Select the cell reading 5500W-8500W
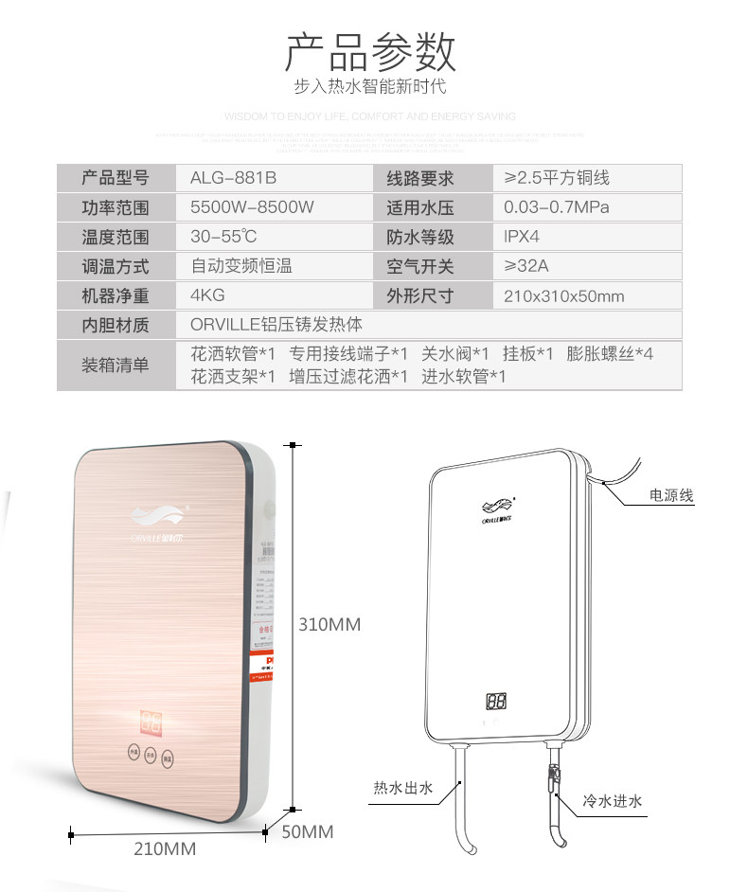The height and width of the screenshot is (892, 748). click(252, 207)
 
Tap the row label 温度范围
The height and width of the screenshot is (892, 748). click(116, 237)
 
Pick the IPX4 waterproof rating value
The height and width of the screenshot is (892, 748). click(522, 237)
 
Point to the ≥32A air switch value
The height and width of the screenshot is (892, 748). click(525, 266)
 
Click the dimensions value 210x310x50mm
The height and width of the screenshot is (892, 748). click(563, 296)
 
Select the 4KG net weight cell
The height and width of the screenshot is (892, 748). click(207, 295)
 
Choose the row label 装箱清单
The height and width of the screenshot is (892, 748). click(116, 365)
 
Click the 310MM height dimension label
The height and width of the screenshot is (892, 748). click(329, 625)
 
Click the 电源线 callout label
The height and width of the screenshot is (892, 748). click(670, 495)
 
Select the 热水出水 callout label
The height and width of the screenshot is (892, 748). click(401, 787)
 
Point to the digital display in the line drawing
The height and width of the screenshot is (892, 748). click(495, 702)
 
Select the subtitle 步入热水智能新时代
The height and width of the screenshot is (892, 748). click(370, 87)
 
